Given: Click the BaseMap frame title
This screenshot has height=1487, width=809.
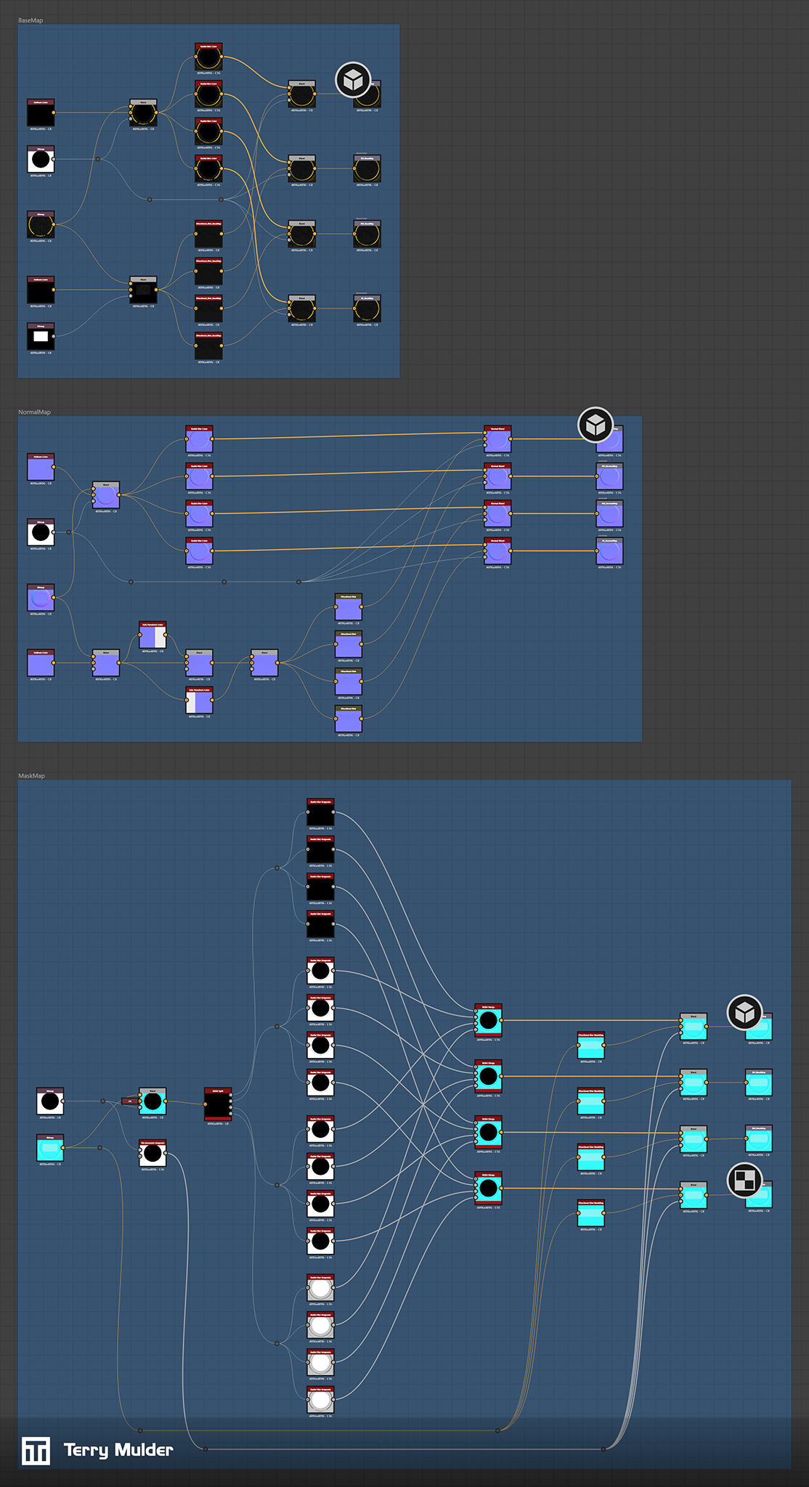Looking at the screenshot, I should click(31, 20).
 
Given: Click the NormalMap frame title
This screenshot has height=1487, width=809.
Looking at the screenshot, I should click(34, 412).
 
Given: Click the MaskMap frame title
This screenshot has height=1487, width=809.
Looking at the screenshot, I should click(31, 776).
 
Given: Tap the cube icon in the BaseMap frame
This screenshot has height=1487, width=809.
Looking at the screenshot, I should click(353, 80).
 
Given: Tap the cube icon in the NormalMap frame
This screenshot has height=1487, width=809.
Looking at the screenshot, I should click(595, 425).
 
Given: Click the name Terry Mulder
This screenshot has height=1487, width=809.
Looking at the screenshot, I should click(118, 1451).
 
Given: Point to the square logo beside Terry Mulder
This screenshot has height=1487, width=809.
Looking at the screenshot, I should click(36, 1451).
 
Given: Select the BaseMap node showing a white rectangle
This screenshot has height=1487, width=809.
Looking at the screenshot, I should click(41, 336).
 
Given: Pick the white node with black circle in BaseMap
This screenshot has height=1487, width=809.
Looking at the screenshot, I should click(41, 159).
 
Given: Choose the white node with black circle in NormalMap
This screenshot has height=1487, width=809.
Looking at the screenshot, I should click(41, 532).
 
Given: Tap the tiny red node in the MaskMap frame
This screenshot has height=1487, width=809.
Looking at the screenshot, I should click(130, 1101).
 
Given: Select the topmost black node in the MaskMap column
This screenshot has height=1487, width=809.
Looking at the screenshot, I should click(320, 812).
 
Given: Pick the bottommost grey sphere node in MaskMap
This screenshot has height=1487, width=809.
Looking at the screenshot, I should click(320, 1399).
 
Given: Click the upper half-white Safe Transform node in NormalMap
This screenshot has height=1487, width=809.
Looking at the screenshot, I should click(153, 636).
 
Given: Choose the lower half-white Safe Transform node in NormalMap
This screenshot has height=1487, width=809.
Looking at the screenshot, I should click(199, 701).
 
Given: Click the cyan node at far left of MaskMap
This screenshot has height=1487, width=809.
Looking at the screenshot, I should click(50, 1148).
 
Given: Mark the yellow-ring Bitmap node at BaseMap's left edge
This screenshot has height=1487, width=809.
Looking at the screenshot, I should click(41, 226).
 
